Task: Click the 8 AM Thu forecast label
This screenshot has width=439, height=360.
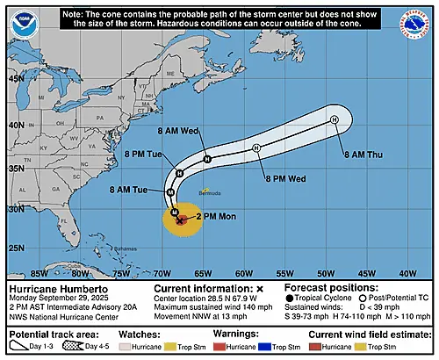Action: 362,155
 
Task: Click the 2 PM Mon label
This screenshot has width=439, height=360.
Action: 213,215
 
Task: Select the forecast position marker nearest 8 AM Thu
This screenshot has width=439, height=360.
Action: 335,119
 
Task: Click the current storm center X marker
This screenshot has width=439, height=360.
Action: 180,221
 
